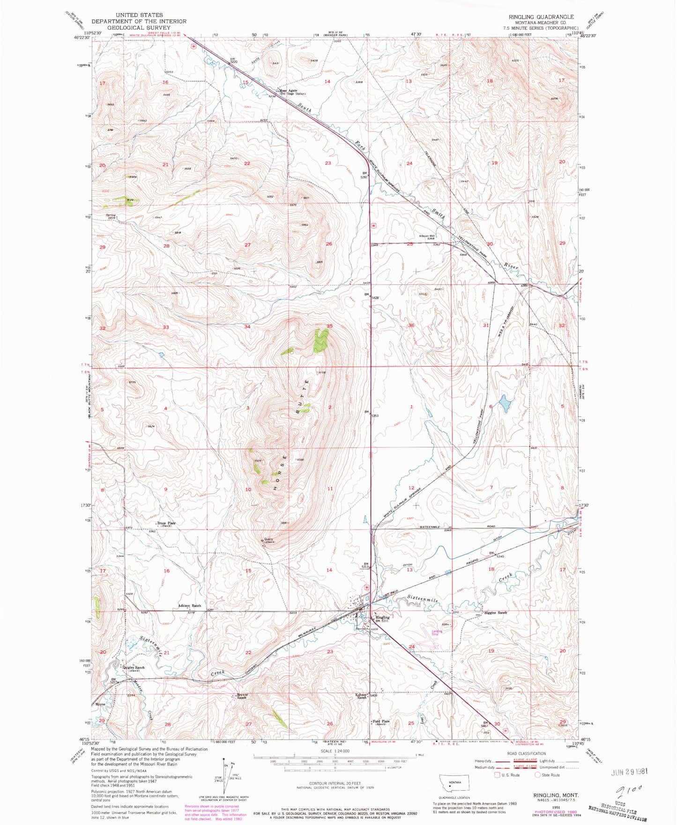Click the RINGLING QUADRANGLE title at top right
[541, 17]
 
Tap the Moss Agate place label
[289, 90]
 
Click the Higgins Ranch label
[496, 613]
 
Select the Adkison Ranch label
[189, 606]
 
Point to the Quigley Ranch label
[134, 667]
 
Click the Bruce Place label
[166, 523]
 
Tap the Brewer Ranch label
[242, 696]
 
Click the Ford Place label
[380, 721]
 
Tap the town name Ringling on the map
[383, 617]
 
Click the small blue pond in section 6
[505, 403]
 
